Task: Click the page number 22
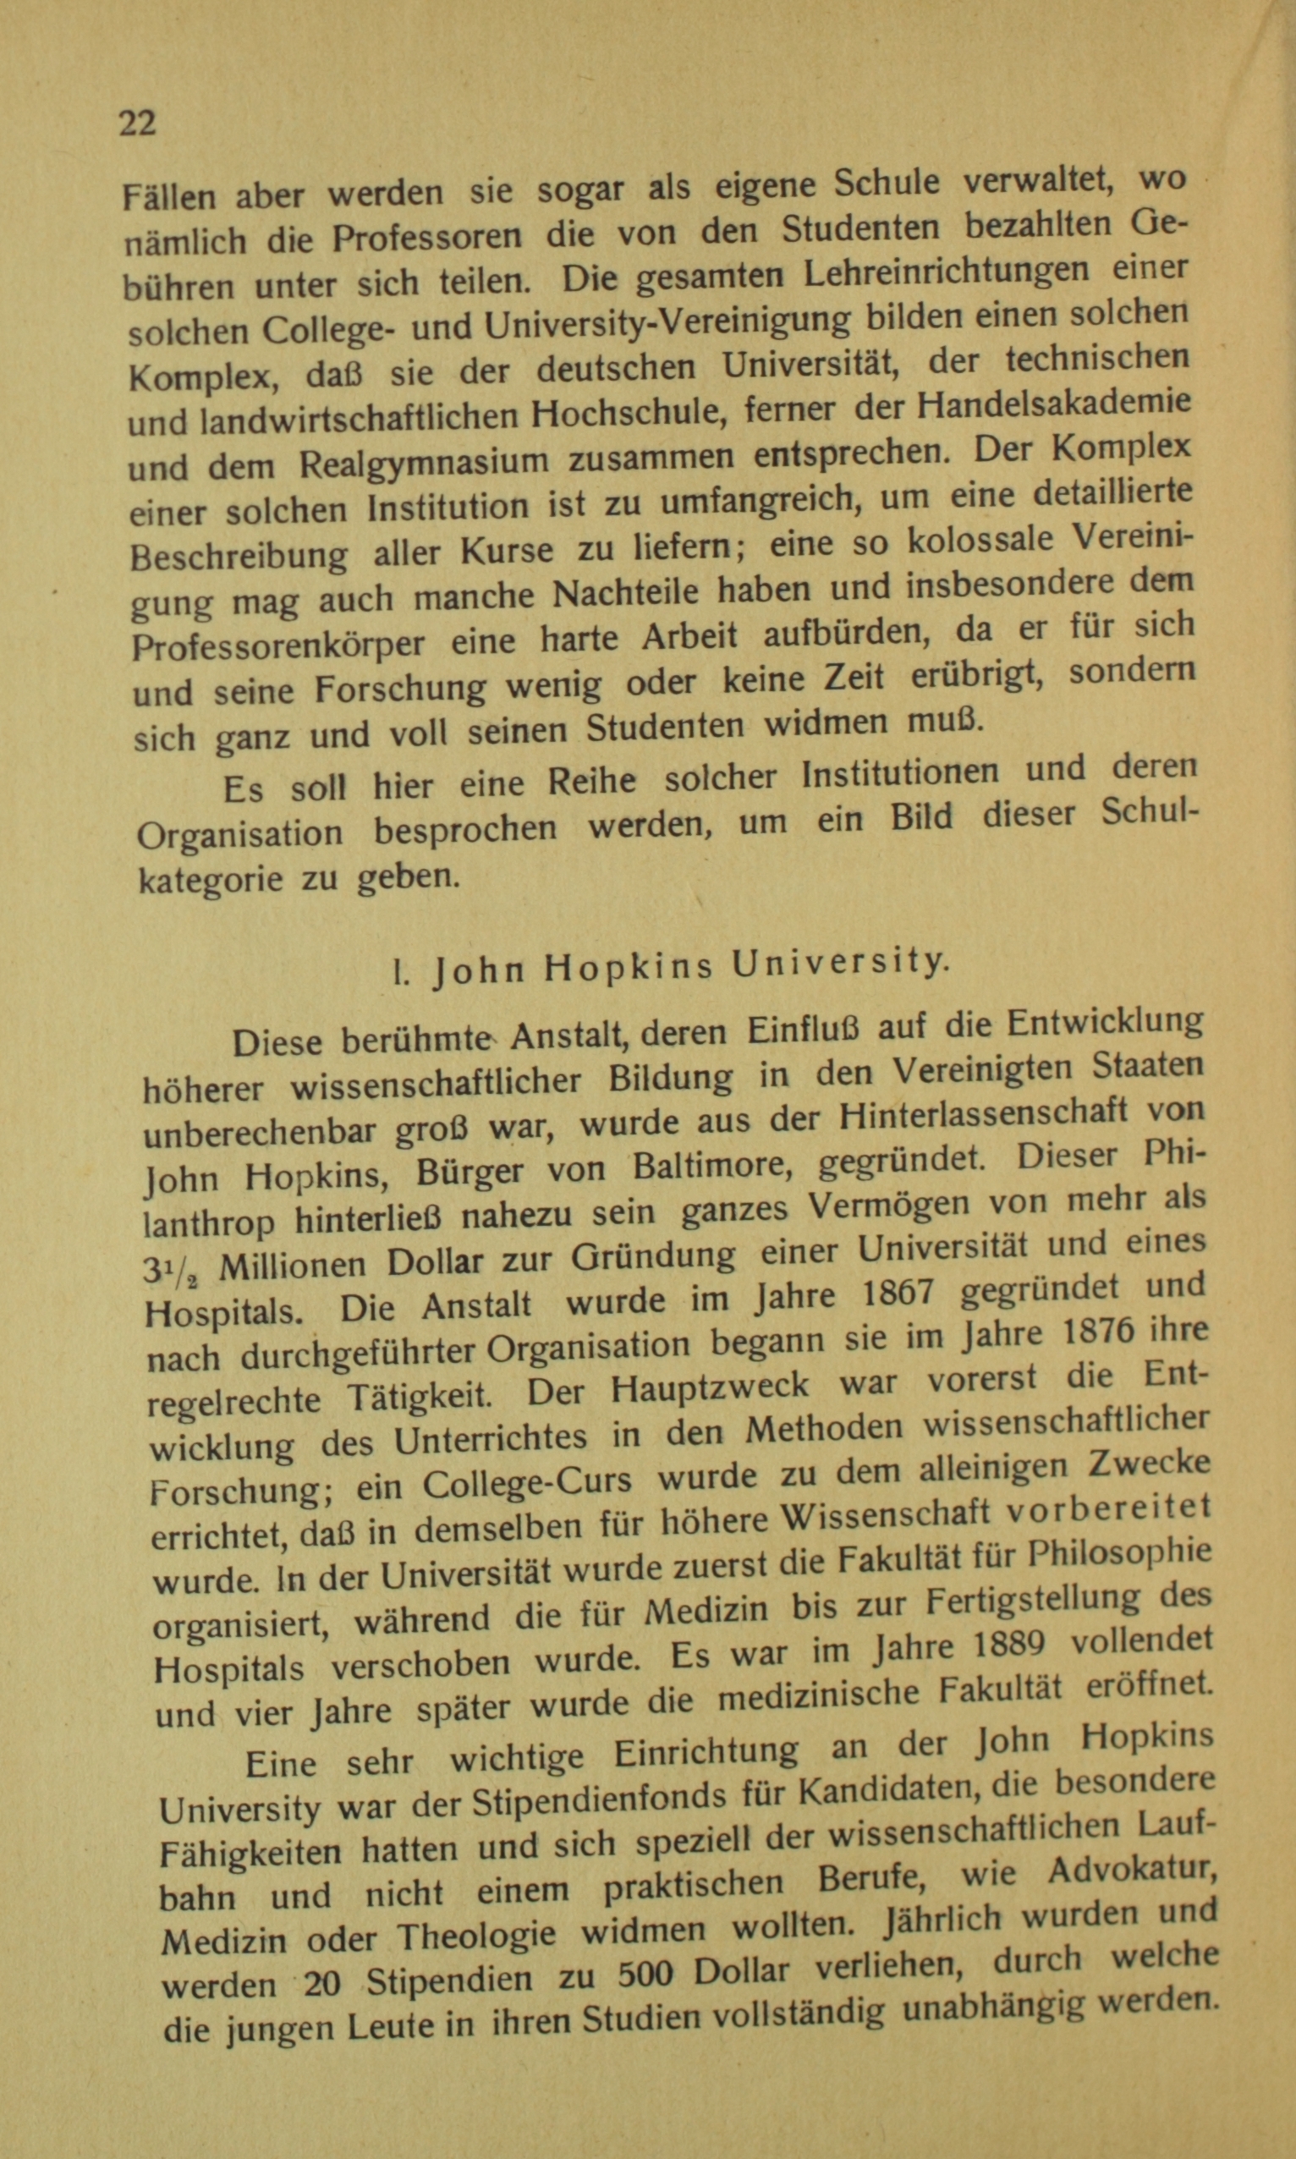click(x=137, y=124)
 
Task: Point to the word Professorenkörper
click(x=278, y=644)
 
